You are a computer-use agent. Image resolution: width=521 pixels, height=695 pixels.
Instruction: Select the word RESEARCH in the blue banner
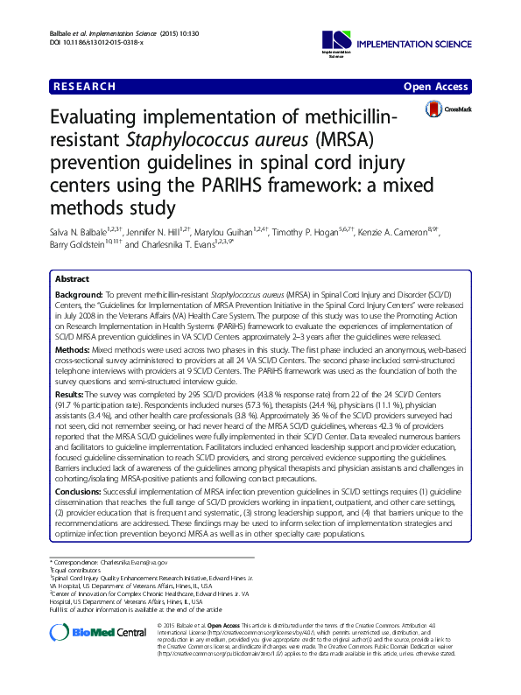pos(84,87)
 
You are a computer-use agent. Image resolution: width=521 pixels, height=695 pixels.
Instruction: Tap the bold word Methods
pos(73,347)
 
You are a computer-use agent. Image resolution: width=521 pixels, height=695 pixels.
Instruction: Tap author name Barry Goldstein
pos(73,246)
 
